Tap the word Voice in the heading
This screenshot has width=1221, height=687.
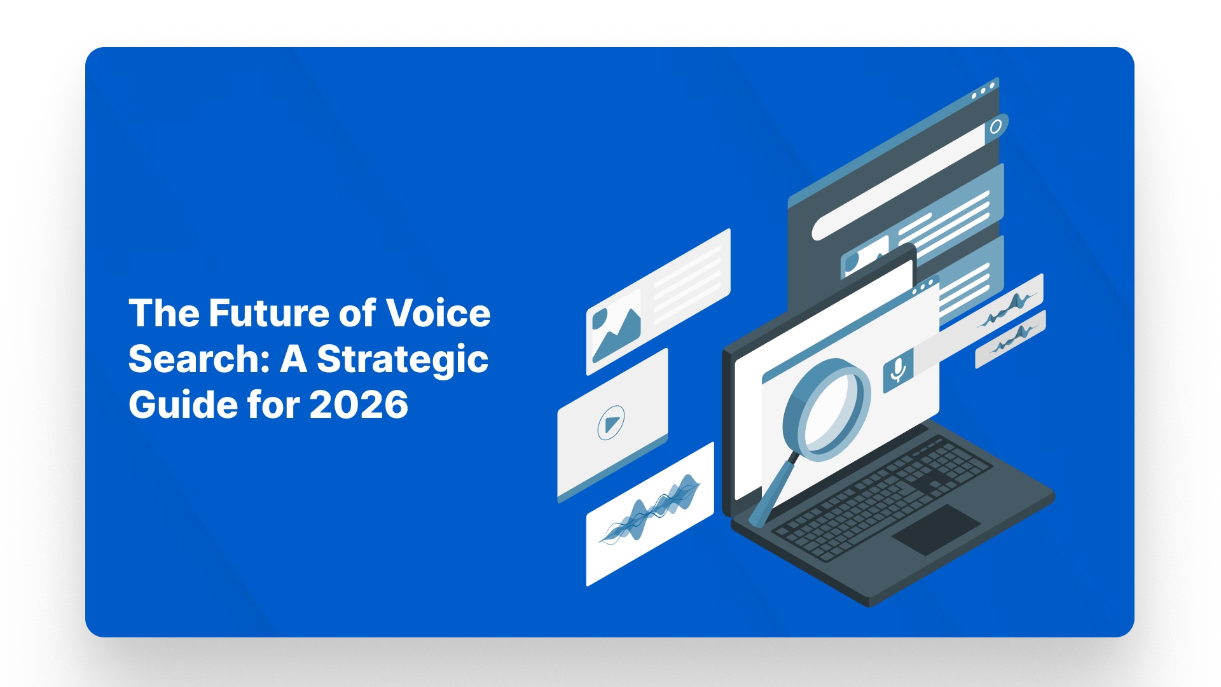point(438,313)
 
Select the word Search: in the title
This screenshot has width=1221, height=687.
point(199,359)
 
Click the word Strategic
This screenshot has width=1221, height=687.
point(403,360)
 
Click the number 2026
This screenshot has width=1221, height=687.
point(359,405)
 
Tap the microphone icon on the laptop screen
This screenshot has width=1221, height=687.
point(898,370)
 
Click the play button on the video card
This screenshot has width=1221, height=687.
point(611,423)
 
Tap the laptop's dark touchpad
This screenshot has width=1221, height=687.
point(936,530)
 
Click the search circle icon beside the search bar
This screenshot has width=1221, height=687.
point(996,126)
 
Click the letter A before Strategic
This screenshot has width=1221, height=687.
point(293,359)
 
